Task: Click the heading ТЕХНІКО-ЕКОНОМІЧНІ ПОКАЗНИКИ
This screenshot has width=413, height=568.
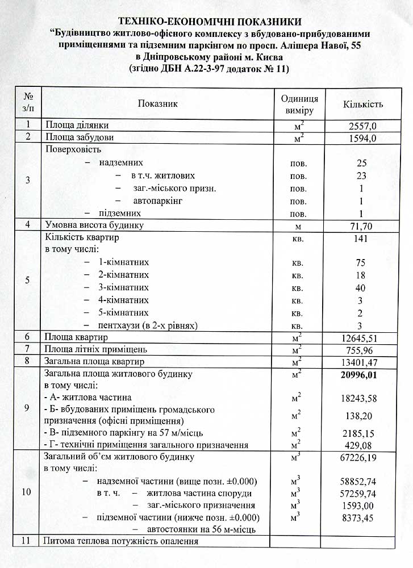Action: coord(207,22)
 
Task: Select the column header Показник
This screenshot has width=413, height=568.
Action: coord(157,103)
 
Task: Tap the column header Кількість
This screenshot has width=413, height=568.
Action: coord(362,104)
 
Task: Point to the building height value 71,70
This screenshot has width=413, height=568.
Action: coord(362,226)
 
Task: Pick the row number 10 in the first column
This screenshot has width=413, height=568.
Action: coord(27,492)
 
